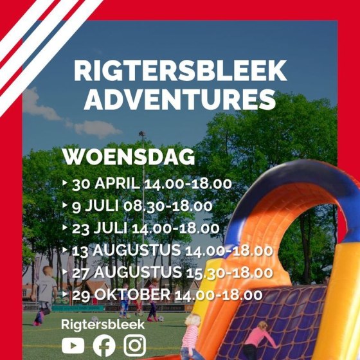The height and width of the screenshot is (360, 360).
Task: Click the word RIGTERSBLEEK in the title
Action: click(x=180, y=70)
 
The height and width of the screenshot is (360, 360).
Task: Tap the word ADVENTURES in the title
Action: click(x=180, y=100)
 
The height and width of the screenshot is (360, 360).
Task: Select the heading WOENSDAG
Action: click(x=129, y=157)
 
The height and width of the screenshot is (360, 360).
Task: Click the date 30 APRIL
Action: click(x=106, y=184)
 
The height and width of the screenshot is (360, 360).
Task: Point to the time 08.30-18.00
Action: click(x=168, y=206)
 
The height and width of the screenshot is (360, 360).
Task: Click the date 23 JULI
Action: click(x=100, y=228)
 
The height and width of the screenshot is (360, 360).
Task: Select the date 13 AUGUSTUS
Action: click(x=127, y=250)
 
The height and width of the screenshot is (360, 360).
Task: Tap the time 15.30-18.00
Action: click(x=229, y=273)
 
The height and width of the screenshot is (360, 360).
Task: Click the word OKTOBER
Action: click(x=132, y=294)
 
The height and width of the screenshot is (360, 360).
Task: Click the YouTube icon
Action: click(x=73, y=345)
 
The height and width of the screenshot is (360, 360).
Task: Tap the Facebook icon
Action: click(x=104, y=346)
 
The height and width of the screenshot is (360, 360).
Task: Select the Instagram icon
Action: click(x=135, y=345)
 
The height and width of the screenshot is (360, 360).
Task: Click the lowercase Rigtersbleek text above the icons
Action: click(x=103, y=325)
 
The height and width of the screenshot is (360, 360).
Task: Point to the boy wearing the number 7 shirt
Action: click(x=44, y=296)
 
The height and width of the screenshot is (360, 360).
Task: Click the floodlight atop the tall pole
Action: click(x=142, y=133)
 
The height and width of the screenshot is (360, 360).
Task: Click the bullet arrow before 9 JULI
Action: click(x=65, y=205)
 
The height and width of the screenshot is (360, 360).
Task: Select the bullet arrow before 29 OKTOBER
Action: click(x=65, y=294)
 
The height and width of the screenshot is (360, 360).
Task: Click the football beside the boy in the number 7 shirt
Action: click(x=94, y=319)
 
